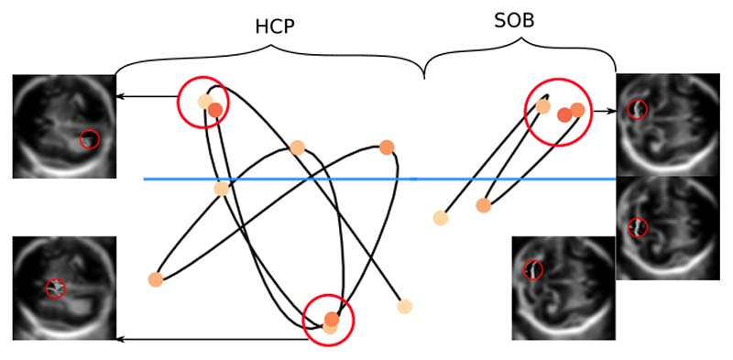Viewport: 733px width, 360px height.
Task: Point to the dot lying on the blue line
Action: coord(221,189)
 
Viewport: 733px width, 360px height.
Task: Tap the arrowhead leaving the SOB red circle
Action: coord(610,111)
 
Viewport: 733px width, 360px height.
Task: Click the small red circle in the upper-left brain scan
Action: coord(89,139)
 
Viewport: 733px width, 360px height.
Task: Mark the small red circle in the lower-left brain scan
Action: coord(56,288)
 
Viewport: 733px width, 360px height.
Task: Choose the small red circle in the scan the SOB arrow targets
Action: coord(638,110)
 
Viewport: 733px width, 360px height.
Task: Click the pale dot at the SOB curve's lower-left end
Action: coord(441,218)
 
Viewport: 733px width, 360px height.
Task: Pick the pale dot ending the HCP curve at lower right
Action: coord(404,307)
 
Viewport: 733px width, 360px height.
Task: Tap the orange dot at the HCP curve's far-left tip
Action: coord(155,279)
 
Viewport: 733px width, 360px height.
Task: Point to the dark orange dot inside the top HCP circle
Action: coord(214,111)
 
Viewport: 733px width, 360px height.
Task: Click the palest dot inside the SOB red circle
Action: coord(543,107)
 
